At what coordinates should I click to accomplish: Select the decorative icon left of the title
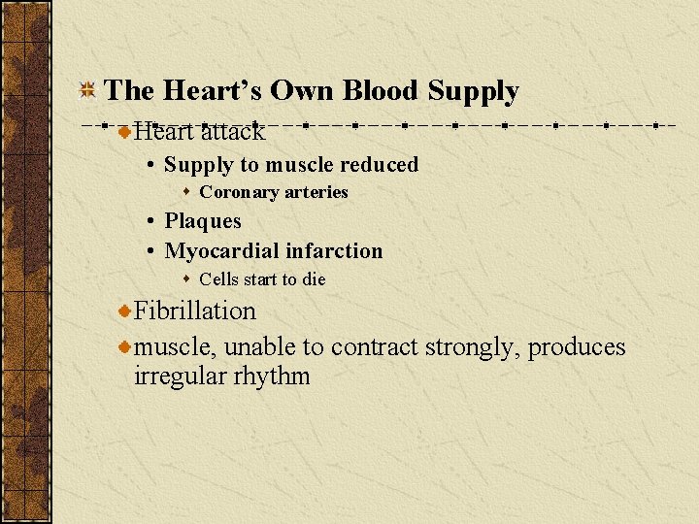coord(86,91)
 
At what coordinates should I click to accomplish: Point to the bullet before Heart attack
coord(124,130)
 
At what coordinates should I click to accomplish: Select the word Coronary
coord(238,192)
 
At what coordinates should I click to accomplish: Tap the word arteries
coord(315,192)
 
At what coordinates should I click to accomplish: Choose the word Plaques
coord(203,221)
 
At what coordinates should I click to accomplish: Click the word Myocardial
coord(219,251)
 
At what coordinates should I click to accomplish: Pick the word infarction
coord(332,251)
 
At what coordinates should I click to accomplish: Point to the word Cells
coord(219,279)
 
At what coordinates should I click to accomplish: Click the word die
coord(313,279)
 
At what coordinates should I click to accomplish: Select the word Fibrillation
coord(195,311)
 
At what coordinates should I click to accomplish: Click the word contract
coord(375,346)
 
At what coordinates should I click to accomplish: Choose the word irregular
coord(180,376)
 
